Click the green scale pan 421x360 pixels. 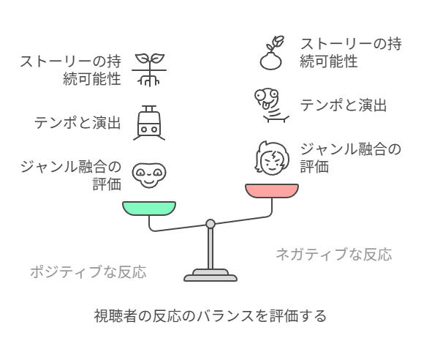point(149,209)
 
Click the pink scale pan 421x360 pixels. point(272,191)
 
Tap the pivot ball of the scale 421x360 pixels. point(210,224)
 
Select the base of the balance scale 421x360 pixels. point(210,276)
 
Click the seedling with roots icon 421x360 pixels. point(149,70)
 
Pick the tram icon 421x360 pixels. point(149,123)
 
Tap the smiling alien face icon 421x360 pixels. point(149,176)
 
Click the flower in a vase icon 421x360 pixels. point(272,53)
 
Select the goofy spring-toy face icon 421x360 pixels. point(272,105)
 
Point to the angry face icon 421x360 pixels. point(272,158)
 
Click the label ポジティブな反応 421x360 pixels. point(88,271)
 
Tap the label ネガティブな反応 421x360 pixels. point(334,254)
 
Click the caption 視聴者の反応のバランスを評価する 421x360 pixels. point(210,316)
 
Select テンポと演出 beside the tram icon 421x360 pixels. point(77,123)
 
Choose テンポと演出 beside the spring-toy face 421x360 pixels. point(344,105)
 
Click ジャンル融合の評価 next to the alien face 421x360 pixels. point(71,176)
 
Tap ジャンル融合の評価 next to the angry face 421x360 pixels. point(350,158)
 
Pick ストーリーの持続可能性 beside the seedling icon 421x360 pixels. point(71,70)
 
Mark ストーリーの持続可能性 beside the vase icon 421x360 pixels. point(351,53)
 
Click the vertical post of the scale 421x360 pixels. point(210,249)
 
